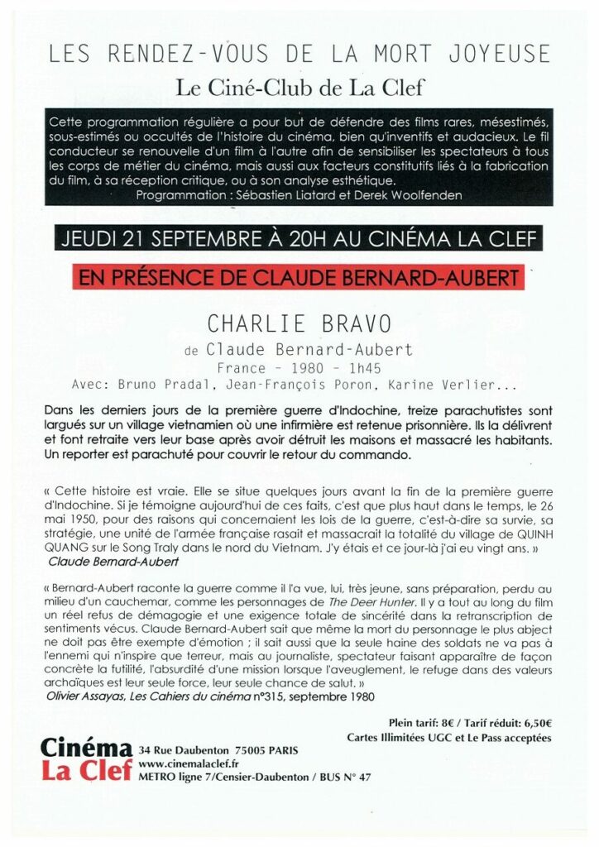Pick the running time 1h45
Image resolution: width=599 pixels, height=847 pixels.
[361, 369]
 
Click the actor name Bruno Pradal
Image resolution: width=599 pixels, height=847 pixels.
[149, 385]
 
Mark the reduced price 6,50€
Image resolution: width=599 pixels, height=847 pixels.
[533, 722]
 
